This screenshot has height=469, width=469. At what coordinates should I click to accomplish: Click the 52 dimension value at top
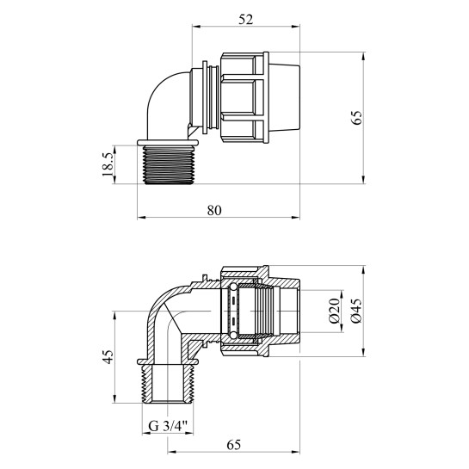(245, 20)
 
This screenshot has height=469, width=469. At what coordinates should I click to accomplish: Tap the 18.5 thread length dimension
(108, 164)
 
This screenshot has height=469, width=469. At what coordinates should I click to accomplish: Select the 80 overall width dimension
(214, 210)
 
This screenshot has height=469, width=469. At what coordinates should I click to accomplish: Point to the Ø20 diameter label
(335, 311)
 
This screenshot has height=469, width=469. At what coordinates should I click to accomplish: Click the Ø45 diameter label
(356, 311)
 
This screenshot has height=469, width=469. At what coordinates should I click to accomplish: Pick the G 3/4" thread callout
(168, 426)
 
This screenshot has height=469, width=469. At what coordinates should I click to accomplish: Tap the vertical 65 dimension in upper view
(356, 118)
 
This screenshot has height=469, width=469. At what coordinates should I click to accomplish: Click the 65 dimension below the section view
(233, 445)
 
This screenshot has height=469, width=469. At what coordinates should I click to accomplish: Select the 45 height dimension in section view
(108, 357)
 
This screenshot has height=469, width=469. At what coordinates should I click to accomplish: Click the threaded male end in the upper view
(168, 165)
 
